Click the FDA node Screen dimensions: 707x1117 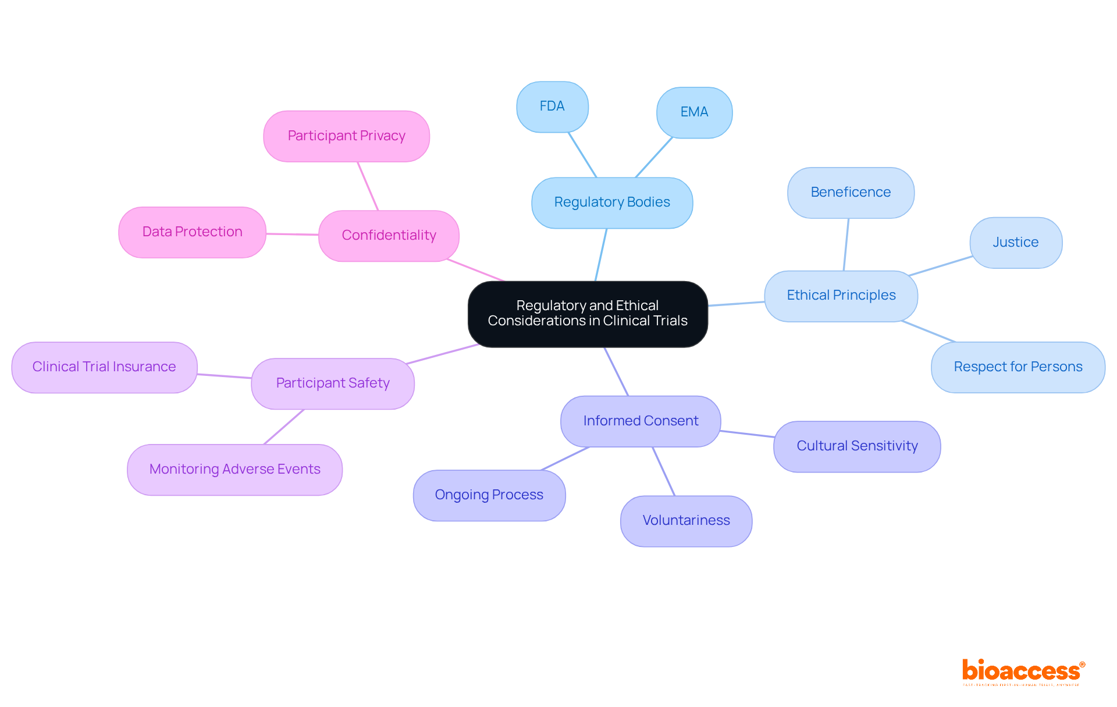(552, 106)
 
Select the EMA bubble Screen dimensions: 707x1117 (694, 112)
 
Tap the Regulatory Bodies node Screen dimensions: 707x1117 (612, 202)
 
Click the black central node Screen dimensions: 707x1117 (588, 314)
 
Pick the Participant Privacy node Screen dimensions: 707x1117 (346, 136)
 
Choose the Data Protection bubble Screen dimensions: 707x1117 (192, 232)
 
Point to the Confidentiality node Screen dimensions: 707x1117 (389, 236)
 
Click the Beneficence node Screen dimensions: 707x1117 (851, 193)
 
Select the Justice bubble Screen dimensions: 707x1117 (1016, 243)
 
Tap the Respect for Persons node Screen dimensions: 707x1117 (1018, 367)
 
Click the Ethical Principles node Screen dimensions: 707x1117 (841, 296)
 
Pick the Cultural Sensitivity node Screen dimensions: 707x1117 (857, 446)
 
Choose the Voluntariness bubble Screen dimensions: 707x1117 (686, 521)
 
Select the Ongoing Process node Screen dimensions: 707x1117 (489, 495)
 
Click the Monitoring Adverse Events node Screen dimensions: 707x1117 (234, 470)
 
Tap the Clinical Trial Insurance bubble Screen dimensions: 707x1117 (104, 367)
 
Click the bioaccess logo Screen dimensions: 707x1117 (1023, 672)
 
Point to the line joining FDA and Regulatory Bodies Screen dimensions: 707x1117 (582, 155)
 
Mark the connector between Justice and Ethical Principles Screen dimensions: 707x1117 (940, 266)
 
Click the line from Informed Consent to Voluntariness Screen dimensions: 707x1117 (664, 471)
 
